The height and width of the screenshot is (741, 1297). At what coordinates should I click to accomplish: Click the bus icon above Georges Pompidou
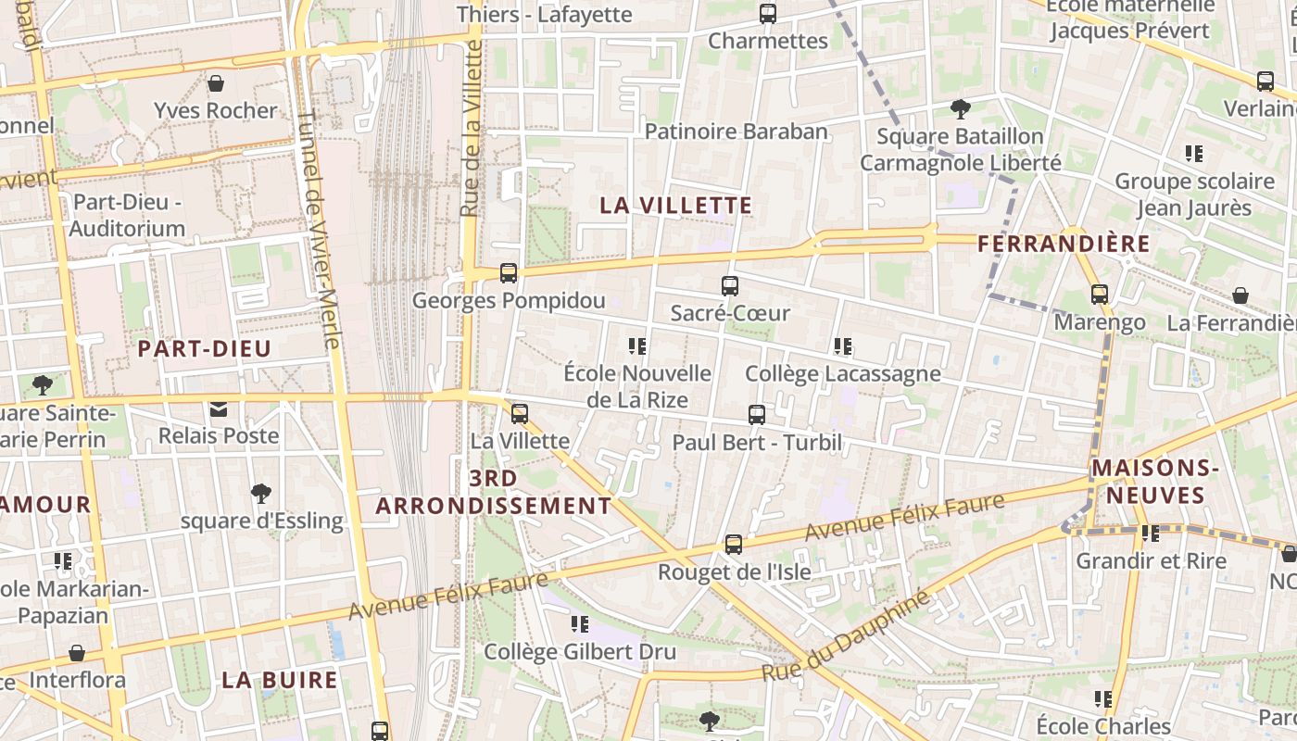point(508,273)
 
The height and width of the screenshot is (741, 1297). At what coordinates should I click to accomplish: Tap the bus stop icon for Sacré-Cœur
point(730,286)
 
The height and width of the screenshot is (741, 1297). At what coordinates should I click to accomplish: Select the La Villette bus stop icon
point(520,414)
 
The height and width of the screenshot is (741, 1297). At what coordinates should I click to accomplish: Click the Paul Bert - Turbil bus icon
point(757,415)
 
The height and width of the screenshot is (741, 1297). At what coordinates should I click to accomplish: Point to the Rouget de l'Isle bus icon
point(734,545)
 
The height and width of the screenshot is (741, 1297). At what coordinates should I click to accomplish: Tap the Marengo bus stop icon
point(1100,295)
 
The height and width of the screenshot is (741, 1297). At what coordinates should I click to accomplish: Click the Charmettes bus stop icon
point(767,14)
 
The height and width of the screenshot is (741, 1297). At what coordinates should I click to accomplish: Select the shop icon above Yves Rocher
point(216,83)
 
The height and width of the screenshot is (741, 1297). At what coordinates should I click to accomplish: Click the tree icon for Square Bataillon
point(960,109)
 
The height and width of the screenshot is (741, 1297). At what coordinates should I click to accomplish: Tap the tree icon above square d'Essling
point(261,494)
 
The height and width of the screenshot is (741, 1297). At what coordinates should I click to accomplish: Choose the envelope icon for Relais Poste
point(219,408)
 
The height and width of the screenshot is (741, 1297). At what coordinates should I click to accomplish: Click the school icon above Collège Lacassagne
point(842,346)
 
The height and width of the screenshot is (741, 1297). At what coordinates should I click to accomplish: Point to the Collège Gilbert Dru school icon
point(580,624)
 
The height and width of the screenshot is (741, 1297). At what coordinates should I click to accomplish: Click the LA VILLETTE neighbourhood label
point(675,206)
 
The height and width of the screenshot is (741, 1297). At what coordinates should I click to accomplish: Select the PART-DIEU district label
point(204,349)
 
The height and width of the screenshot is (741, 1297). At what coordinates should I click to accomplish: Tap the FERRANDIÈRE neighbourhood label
point(1064,245)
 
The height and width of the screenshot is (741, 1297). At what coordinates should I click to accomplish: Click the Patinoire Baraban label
point(736,132)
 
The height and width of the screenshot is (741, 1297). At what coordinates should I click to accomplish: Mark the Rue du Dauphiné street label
point(845,637)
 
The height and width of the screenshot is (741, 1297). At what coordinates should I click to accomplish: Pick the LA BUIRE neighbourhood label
point(280,680)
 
